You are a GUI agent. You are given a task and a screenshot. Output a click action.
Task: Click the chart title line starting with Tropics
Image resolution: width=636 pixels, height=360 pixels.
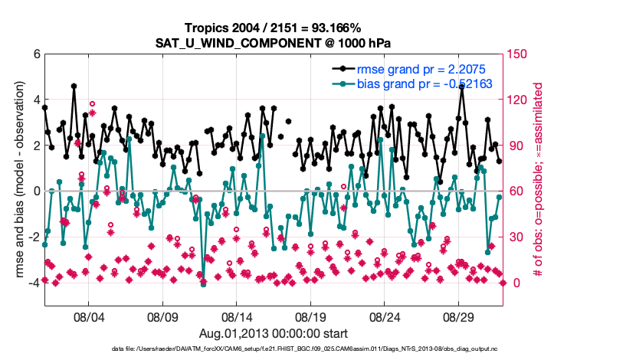coord(274,28)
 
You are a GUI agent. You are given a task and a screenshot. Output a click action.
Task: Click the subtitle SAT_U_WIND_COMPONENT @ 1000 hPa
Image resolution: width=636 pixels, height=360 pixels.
coord(274,42)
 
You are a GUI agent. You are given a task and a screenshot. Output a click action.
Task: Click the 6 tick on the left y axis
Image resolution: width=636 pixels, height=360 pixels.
coord(36,54)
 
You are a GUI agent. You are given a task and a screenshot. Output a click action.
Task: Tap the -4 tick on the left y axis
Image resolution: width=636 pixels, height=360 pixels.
coord(33,283)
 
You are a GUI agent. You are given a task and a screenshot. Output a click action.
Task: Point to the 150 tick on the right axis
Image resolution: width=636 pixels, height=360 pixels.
coord(520,54)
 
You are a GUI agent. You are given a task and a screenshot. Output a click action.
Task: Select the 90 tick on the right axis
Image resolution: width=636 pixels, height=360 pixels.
coord(517,146)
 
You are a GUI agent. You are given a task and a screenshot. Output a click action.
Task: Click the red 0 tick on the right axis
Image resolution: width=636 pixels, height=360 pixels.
coord(514,283)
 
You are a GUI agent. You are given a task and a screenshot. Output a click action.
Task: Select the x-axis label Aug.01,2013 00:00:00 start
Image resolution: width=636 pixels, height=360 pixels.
coord(274,333)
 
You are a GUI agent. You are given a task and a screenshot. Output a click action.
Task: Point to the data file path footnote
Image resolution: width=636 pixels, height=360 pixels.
coord(274,349)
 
